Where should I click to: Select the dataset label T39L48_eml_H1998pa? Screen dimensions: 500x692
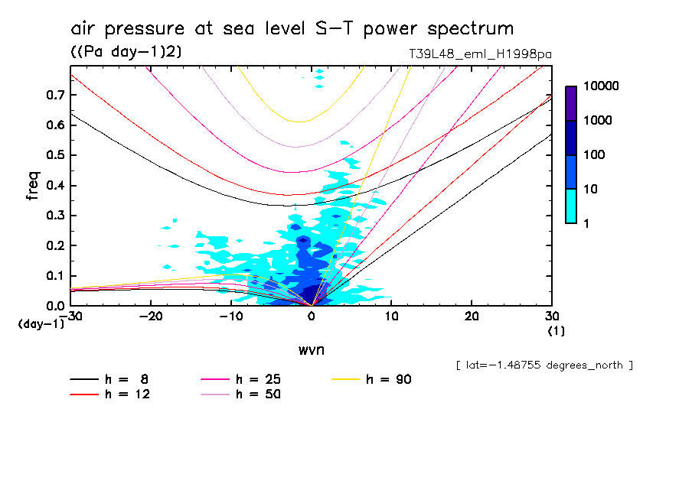pyautogui.click(x=481, y=54)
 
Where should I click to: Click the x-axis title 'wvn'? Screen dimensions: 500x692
pyautogui.click(x=310, y=349)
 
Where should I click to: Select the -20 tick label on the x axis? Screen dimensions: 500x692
pyautogui.click(x=152, y=317)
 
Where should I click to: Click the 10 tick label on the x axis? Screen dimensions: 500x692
pyautogui.click(x=391, y=317)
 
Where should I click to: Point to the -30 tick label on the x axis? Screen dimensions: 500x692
pyautogui.click(x=71, y=317)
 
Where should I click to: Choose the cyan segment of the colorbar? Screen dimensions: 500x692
pyautogui.click(x=571, y=206)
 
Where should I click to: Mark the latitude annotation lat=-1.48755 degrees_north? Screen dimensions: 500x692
pyautogui.click(x=544, y=365)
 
